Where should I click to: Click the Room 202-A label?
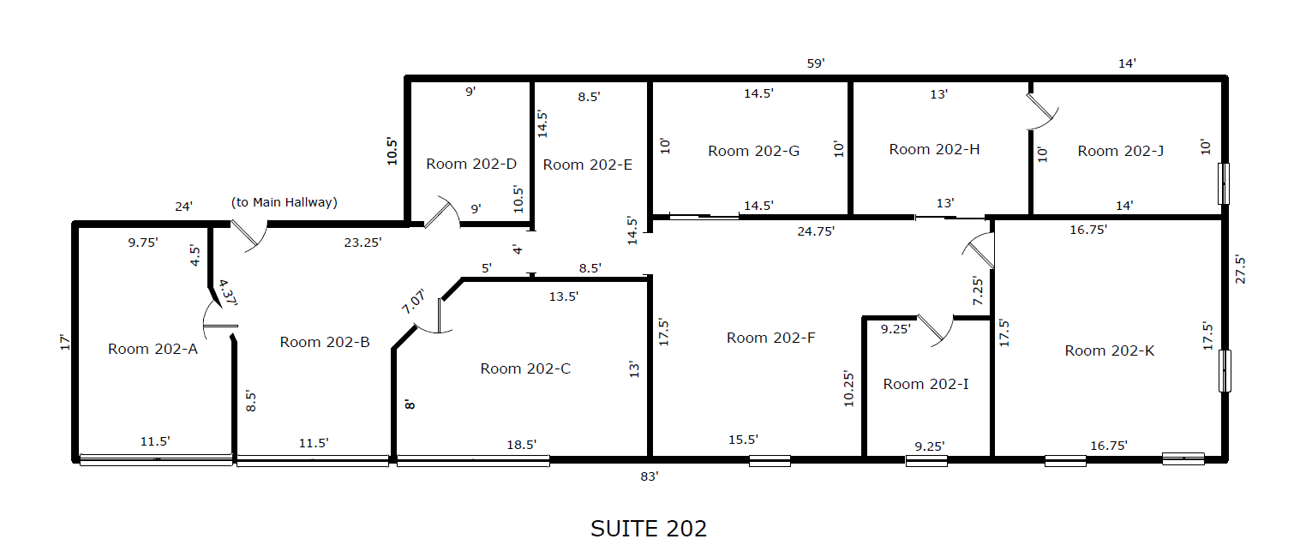(153, 349)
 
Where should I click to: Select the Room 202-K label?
(1109, 350)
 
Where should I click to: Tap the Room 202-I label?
(926, 384)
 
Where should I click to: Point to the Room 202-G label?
(753, 151)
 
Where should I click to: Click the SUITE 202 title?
(649, 529)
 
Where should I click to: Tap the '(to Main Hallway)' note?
(285, 202)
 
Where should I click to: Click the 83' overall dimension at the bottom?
(650, 476)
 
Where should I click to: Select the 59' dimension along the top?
(816, 63)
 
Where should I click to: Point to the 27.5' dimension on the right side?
(1240, 269)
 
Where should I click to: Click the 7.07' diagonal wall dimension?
(414, 301)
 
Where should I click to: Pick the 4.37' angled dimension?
(227, 292)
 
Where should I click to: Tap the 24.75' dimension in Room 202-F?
(816, 231)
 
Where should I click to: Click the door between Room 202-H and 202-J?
(1042, 111)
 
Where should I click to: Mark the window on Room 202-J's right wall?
(1224, 183)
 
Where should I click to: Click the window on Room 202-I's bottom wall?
(926, 461)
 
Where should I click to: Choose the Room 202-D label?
(471, 164)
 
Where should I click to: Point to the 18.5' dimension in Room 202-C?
(521, 445)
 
